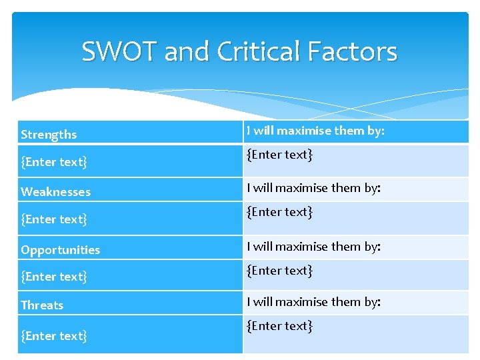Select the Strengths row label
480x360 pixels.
coord(49,135)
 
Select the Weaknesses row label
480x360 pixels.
coord(55,192)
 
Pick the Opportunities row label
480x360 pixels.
coord(60,250)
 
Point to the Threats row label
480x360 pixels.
coord(42,305)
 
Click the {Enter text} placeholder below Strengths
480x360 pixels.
coord(54,161)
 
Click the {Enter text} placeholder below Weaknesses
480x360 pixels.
coord(54,219)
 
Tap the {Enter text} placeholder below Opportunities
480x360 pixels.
coord(54,276)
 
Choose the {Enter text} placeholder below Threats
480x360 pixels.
coord(54,336)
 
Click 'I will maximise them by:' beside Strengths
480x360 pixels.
coord(315,131)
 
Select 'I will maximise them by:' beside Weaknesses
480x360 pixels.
coord(313,188)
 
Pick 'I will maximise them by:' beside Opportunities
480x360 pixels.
coord(313,246)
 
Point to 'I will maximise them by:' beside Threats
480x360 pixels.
coord(313,301)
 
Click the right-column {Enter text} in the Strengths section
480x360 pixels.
coord(280,155)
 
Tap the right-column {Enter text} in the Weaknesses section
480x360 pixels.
coord(280,212)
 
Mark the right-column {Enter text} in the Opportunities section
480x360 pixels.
coord(280,270)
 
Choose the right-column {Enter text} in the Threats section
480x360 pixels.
coord(280,325)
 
